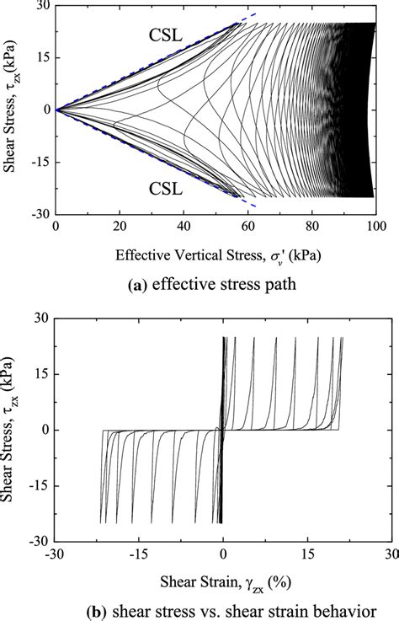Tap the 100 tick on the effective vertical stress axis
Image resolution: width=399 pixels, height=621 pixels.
(375, 227)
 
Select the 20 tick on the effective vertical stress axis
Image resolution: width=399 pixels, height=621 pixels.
(120, 227)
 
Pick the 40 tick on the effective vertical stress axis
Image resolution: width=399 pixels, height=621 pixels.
(184, 227)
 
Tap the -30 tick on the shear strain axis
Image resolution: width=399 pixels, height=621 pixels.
(53, 554)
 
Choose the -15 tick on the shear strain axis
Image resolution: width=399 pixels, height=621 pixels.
(138, 554)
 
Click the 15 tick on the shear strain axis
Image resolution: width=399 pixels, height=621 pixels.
(307, 554)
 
